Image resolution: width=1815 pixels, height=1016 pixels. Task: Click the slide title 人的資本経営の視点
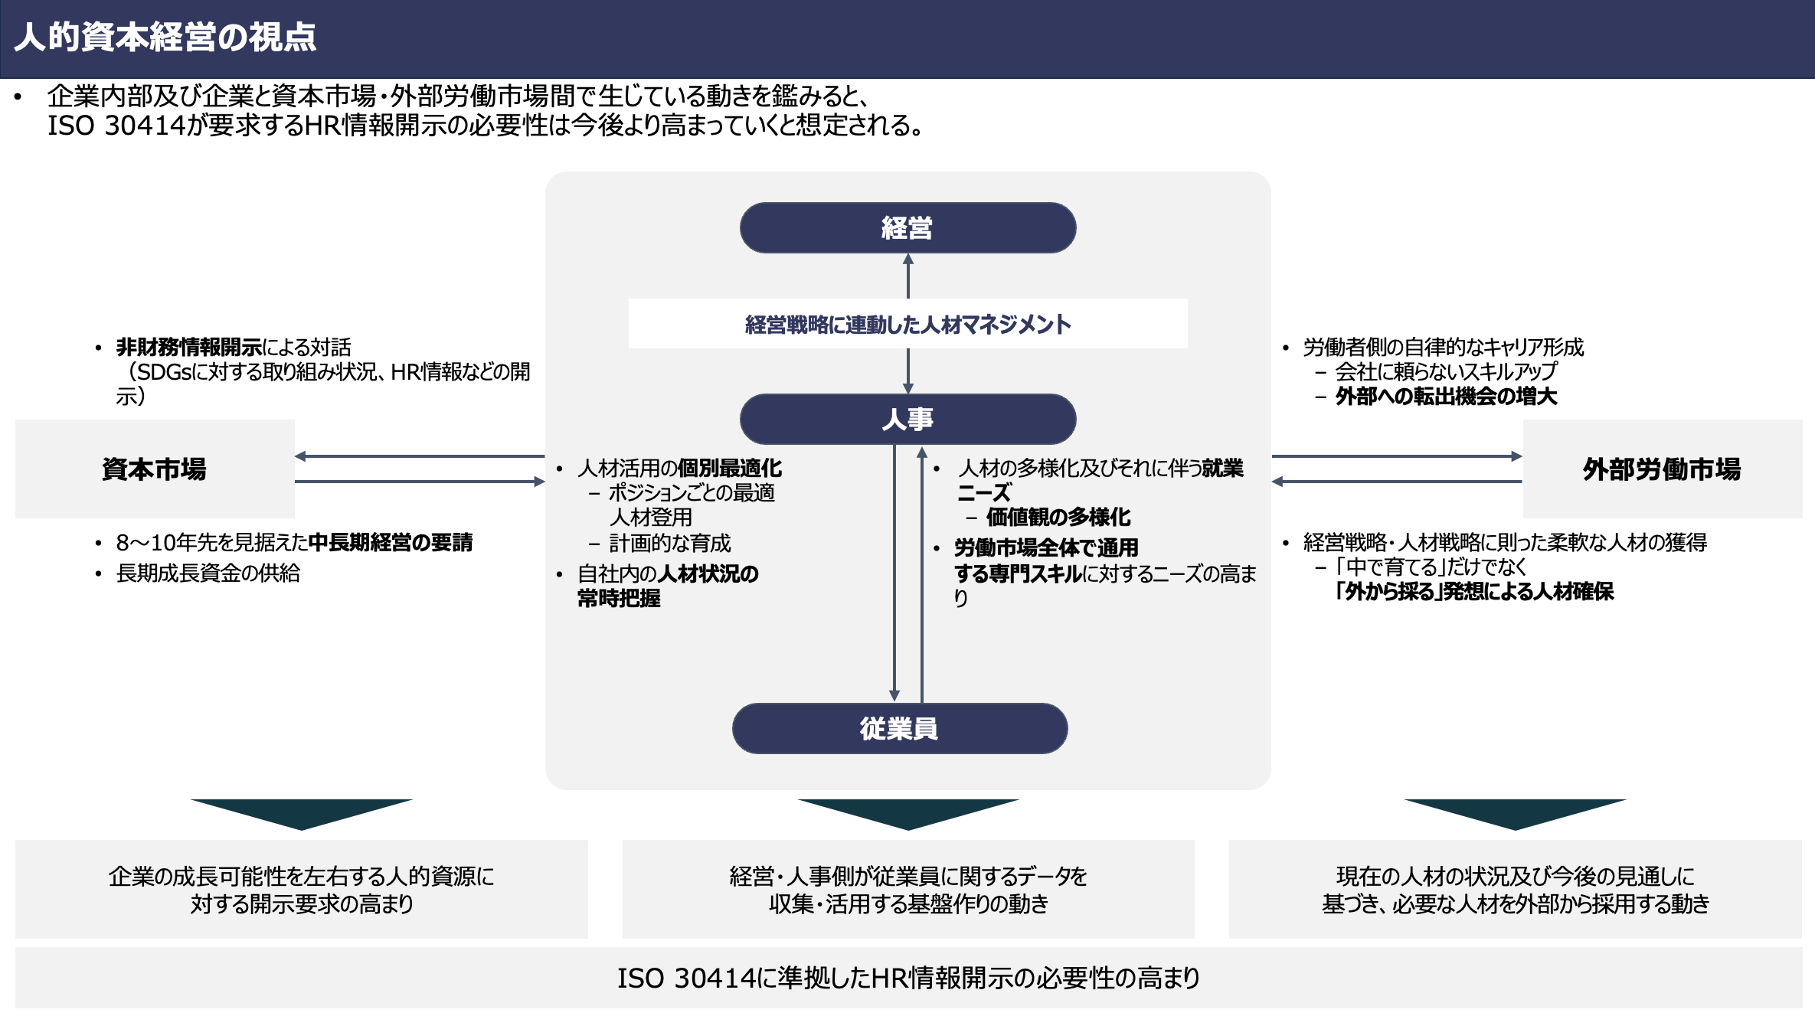coord(165,37)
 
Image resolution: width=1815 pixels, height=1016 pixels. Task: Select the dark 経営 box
coord(907,227)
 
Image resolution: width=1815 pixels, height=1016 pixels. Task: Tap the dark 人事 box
coord(907,419)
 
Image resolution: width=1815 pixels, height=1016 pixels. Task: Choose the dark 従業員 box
coord(900,728)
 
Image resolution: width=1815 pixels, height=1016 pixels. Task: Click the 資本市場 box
coord(155,469)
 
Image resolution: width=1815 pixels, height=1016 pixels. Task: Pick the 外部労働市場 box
coord(1662,469)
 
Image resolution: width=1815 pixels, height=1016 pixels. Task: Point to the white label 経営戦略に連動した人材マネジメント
coord(907,324)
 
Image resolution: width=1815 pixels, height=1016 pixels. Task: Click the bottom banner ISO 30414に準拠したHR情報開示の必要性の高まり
coord(908,978)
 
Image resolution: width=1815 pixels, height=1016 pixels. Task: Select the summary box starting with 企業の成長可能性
coord(302,890)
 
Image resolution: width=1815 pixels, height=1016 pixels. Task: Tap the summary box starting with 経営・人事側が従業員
coord(908,890)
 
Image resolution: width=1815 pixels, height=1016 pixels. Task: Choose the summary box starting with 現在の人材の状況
coord(1516,890)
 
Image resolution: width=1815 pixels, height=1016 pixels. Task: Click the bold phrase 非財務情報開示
coord(189,348)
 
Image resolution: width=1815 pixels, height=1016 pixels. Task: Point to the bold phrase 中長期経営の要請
coord(391,543)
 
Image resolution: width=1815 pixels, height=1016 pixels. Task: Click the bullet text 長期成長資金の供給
coord(208,573)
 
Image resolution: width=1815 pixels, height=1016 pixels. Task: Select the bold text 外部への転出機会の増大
coord(1447,397)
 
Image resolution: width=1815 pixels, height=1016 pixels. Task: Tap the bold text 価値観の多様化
coord(1058,518)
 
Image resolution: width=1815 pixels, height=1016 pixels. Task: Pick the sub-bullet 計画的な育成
coord(670,544)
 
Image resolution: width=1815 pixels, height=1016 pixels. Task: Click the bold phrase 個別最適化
coord(730,469)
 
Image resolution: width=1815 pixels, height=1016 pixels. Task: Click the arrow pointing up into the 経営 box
coord(908,276)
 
